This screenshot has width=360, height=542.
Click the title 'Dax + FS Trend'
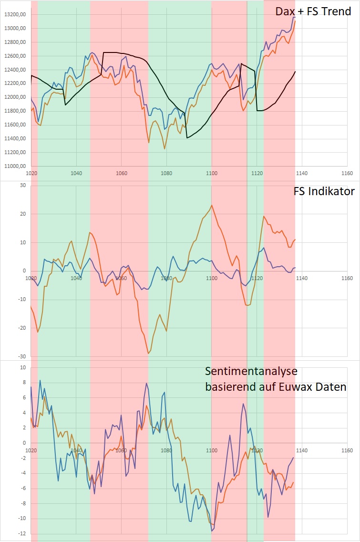pos(313,11)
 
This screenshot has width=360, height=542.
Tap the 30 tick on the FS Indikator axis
pos(22,185)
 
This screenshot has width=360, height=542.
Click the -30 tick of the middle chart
pos(21,356)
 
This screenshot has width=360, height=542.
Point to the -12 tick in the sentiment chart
pos(21,534)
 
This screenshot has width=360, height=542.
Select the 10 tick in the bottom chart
pos(22,367)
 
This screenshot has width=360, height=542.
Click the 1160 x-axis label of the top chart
pos(347,174)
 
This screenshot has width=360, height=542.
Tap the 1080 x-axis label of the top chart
pos(166,174)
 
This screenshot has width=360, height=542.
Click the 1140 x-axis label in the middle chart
pos(302,278)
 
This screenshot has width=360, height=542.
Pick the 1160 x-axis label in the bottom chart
pos(347,450)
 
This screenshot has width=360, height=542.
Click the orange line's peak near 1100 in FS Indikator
pos(211,205)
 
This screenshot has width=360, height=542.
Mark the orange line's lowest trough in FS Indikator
pos(148,354)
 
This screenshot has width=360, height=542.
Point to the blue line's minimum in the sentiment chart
pos(212,531)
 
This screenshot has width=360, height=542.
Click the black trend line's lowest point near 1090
pos(187,138)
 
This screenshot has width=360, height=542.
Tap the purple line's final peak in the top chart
pos(294,17)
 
